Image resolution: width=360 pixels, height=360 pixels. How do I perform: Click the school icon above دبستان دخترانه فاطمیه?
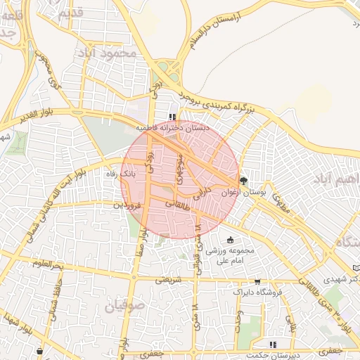click(x=172, y=117)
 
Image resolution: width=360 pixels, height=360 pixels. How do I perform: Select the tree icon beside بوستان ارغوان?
click(x=245, y=180)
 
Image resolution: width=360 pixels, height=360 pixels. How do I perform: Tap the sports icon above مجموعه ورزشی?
click(x=230, y=240)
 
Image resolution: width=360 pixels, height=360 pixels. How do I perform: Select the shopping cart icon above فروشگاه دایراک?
click(x=258, y=281)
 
